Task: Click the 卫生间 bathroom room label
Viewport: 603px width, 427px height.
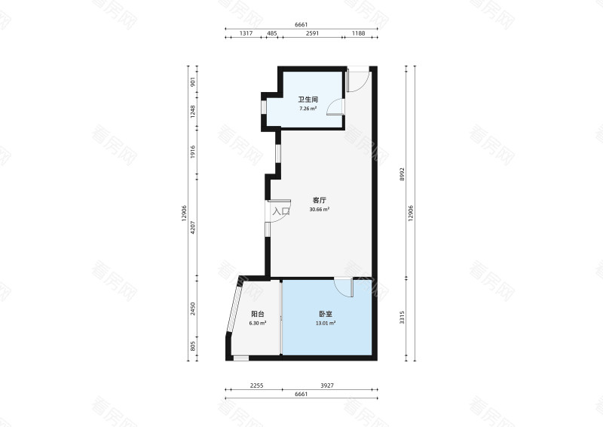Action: click(x=308, y=100)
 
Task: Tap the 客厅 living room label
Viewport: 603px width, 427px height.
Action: click(x=319, y=200)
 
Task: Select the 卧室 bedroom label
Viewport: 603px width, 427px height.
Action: click(x=326, y=314)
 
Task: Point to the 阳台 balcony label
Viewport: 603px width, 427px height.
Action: click(x=258, y=314)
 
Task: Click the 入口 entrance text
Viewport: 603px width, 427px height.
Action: click(x=281, y=211)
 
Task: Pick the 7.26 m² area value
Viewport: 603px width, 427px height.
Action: click(x=308, y=109)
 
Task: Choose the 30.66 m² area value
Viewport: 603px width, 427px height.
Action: click(x=319, y=210)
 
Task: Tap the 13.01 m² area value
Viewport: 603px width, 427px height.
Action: click(x=326, y=323)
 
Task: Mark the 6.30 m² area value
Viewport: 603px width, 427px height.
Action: click(x=258, y=323)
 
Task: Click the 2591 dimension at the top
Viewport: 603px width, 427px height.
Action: click(x=312, y=33)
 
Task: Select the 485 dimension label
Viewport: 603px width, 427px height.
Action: click(x=272, y=33)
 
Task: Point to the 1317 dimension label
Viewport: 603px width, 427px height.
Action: click(x=246, y=33)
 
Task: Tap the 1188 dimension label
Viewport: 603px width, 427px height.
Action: click(x=359, y=33)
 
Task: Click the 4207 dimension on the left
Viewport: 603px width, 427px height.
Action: click(x=193, y=227)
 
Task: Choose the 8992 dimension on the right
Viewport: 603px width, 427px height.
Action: click(x=402, y=174)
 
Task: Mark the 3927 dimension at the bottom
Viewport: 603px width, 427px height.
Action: click(x=327, y=386)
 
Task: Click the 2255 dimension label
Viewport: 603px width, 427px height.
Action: click(x=256, y=386)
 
